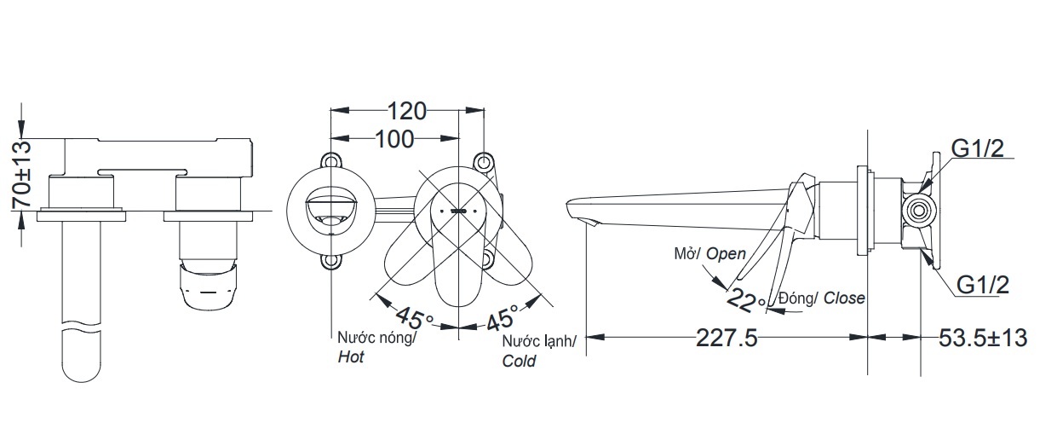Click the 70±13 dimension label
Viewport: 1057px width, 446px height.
pyautogui.click(x=22, y=175)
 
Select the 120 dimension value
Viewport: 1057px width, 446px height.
pyautogui.click(x=407, y=111)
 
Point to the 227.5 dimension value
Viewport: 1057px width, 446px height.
pyautogui.click(x=727, y=339)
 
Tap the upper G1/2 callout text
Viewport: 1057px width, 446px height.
pyautogui.click(x=978, y=149)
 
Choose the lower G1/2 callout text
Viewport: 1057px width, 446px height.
pyautogui.click(x=981, y=285)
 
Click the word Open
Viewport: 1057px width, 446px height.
pyautogui.click(x=726, y=253)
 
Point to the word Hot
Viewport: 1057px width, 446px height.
pyautogui.click(x=350, y=357)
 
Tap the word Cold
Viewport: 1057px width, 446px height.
pyautogui.click(x=519, y=361)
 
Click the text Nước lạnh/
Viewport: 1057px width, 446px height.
pyautogui.click(x=537, y=341)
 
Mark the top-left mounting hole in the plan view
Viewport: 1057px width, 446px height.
pyautogui.click(x=330, y=160)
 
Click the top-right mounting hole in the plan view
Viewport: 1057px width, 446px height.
pyautogui.click(x=483, y=160)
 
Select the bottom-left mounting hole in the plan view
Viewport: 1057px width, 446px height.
pyautogui.click(x=330, y=262)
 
